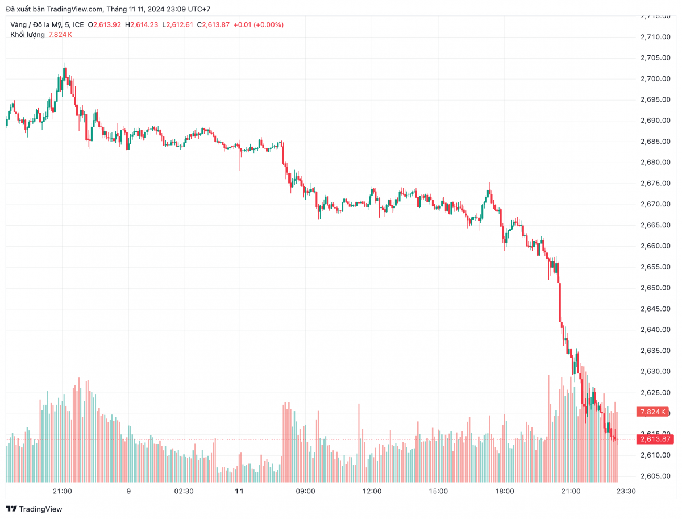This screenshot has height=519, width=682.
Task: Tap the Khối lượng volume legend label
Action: click(27, 35)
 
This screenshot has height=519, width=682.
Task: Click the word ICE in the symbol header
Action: click(78, 24)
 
